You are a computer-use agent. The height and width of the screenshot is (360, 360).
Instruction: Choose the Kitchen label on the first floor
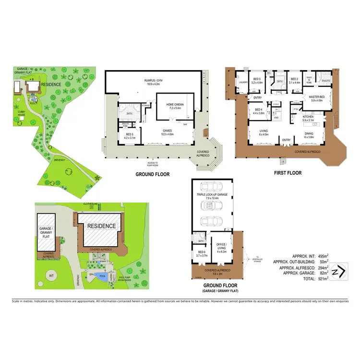(308, 117)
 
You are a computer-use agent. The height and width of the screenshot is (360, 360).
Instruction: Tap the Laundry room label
(243, 82)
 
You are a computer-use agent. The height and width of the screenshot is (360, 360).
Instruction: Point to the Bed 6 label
(201, 253)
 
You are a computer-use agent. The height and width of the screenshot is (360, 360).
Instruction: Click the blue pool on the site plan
(101, 276)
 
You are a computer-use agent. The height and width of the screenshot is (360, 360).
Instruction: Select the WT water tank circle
(51, 276)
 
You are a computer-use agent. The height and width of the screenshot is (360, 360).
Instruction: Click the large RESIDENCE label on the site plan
(101, 226)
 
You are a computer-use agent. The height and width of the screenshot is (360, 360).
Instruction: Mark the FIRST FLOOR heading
(288, 173)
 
